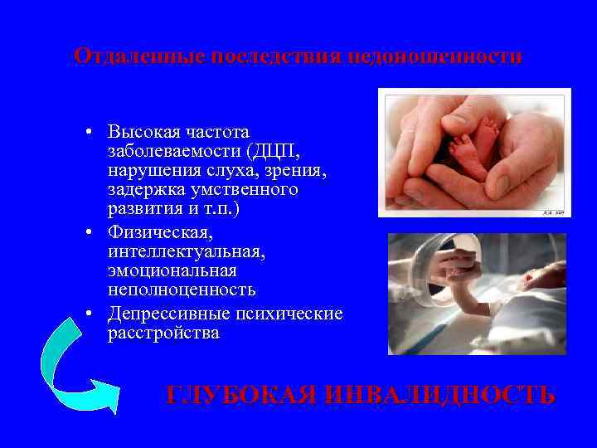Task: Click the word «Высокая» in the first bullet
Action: (x=142, y=132)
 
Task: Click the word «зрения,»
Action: (x=279, y=171)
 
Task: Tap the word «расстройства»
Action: (x=163, y=334)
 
